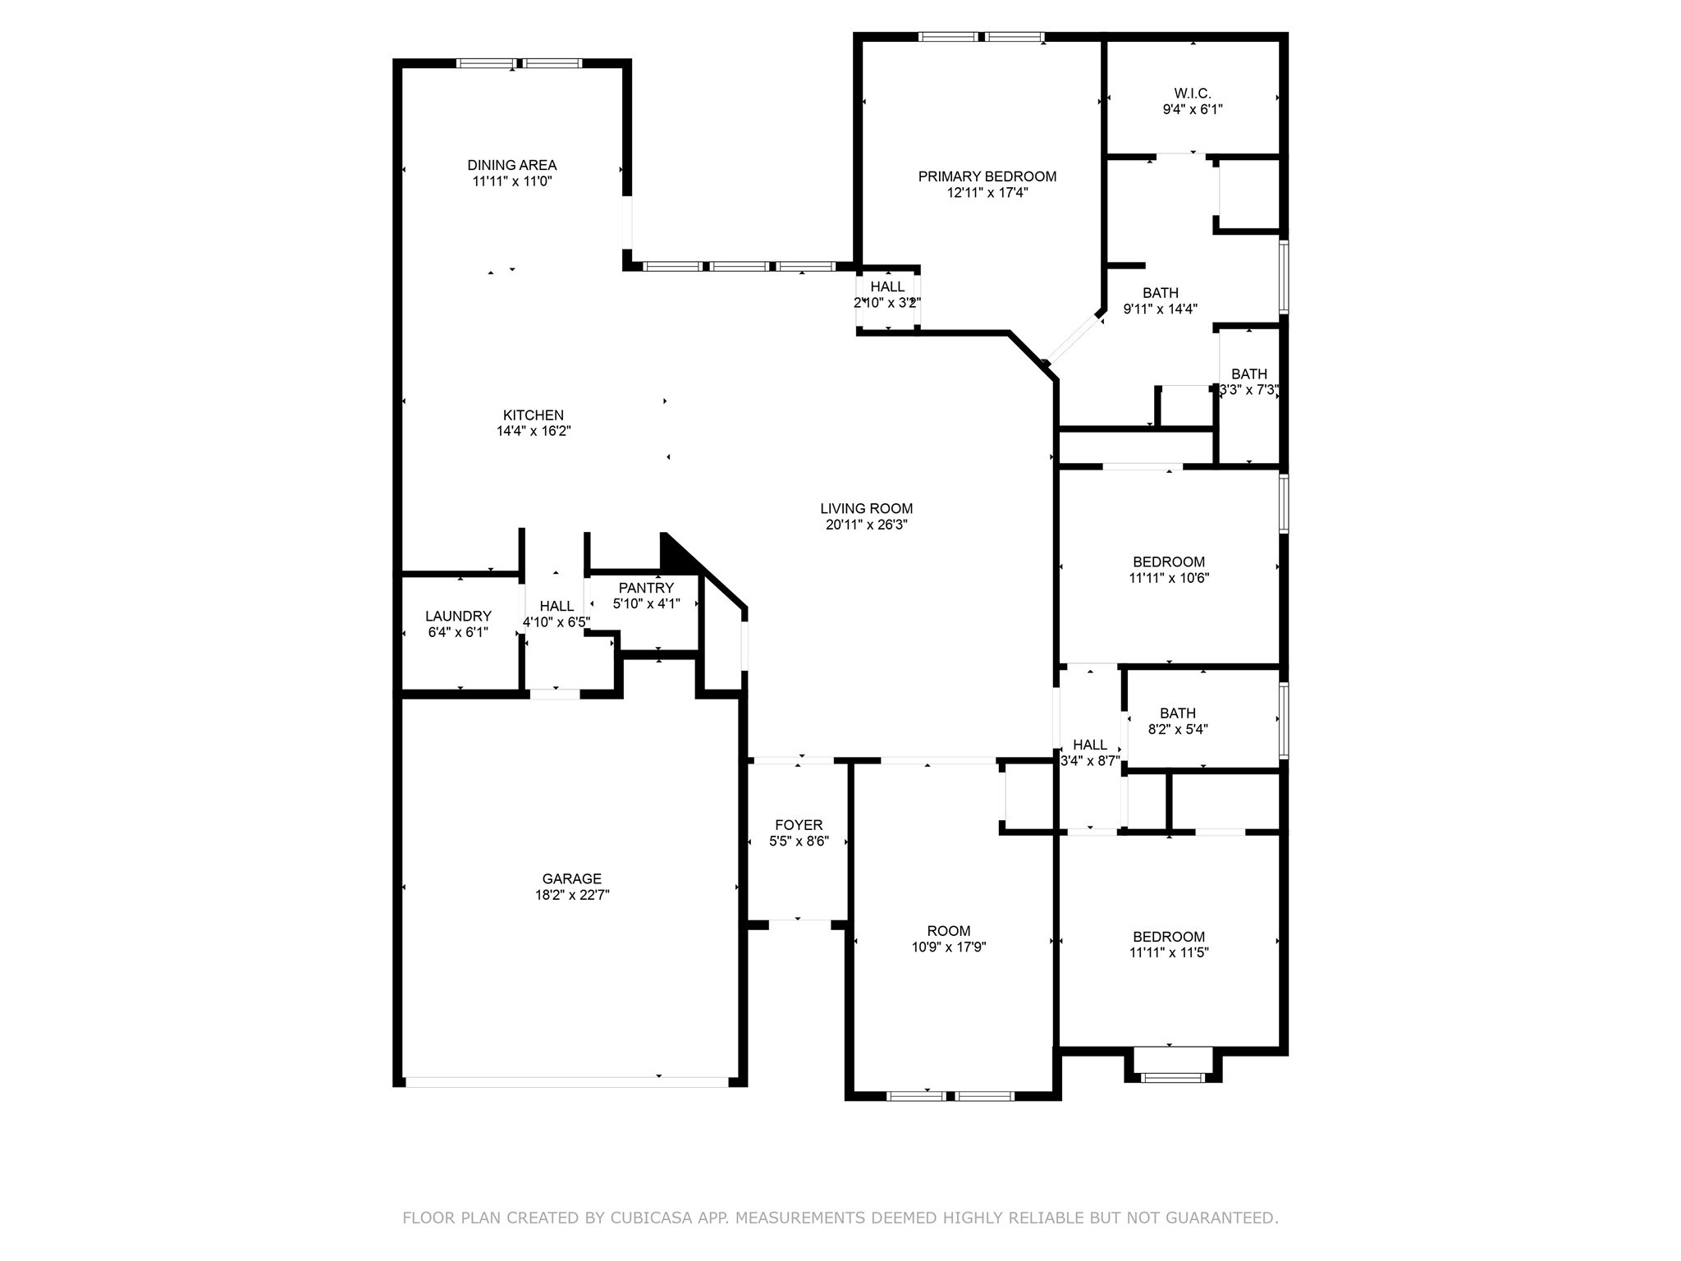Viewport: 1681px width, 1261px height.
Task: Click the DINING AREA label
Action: click(x=512, y=165)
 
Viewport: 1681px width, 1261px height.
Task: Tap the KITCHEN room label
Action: click(x=534, y=415)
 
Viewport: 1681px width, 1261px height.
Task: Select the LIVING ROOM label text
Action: click(x=867, y=509)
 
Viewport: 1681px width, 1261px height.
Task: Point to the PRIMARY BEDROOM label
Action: click(x=987, y=177)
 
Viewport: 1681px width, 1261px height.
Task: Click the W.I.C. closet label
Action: click(x=1193, y=94)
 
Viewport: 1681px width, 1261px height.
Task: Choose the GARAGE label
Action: click(x=572, y=879)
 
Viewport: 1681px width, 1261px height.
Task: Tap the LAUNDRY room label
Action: click(x=458, y=617)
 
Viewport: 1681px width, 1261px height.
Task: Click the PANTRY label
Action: click(x=647, y=588)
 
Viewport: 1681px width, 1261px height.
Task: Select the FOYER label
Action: click(x=799, y=825)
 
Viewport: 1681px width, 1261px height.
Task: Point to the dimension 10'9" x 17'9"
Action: click(x=949, y=947)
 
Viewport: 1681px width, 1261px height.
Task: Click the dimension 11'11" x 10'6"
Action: click(x=1169, y=578)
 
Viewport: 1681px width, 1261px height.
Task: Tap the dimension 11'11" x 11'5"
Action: click(x=1169, y=953)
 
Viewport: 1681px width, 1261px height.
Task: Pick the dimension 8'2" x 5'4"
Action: click(x=1178, y=729)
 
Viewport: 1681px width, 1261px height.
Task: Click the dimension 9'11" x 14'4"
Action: click(x=1161, y=310)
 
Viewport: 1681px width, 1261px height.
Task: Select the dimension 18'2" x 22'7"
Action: click(x=572, y=896)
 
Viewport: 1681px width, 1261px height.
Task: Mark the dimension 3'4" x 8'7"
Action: click(x=1090, y=761)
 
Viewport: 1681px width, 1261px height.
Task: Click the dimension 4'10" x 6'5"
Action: click(x=557, y=622)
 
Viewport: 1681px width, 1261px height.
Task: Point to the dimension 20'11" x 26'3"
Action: click(x=867, y=525)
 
